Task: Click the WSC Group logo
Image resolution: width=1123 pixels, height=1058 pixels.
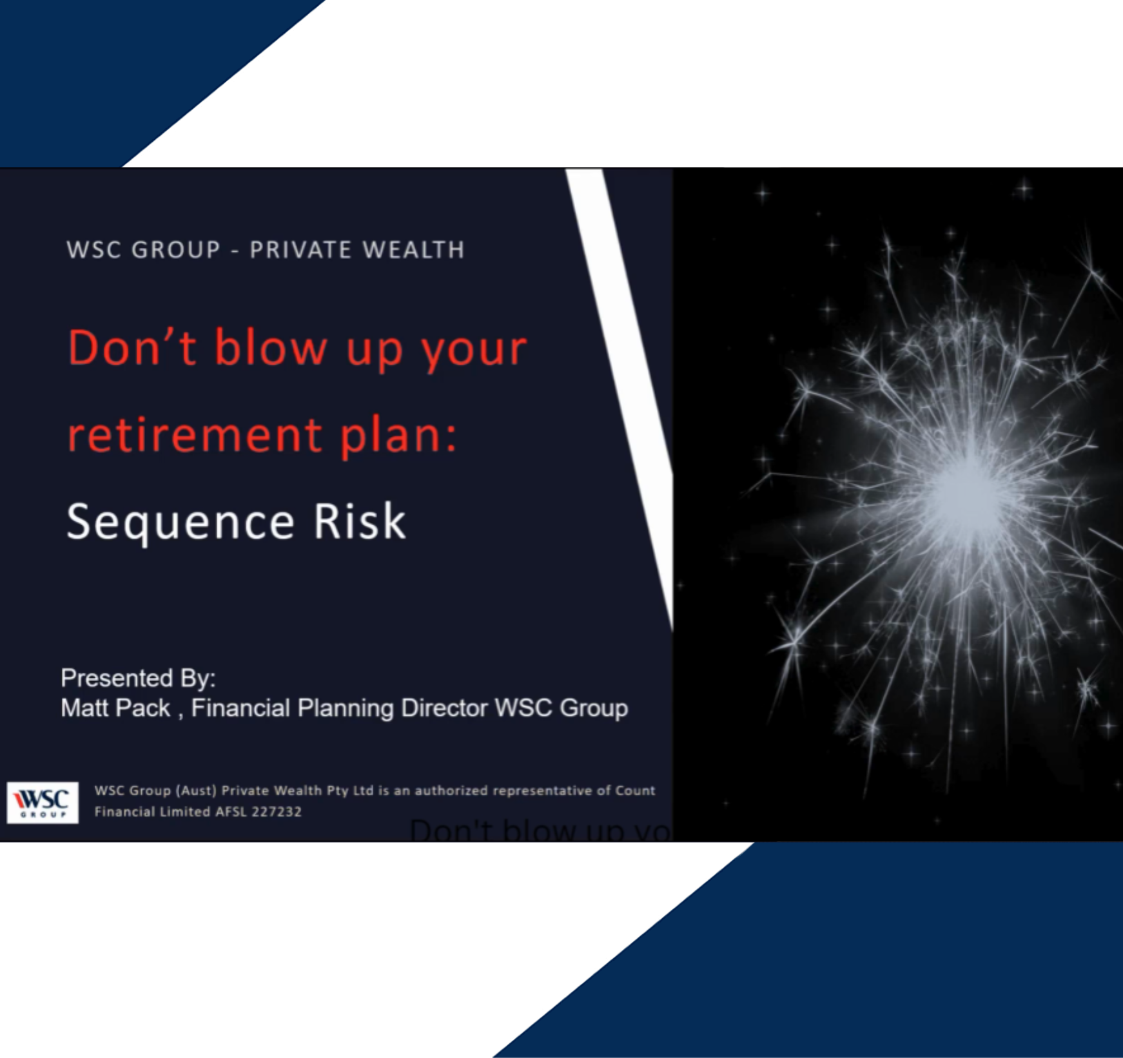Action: click(43, 802)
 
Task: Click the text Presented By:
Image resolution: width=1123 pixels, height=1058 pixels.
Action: click(138, 678)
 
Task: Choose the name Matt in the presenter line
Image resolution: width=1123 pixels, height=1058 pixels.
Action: click(86, 708)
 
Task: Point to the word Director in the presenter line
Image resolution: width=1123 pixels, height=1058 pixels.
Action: click(444, 708)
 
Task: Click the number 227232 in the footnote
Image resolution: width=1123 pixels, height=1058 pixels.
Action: click(277, 812)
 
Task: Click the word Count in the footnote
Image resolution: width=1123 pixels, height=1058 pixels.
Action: click(635, 791)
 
